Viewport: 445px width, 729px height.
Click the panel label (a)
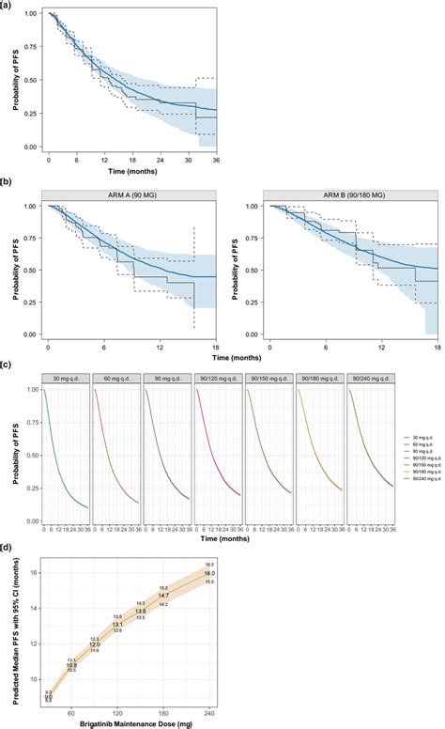click(8, 5)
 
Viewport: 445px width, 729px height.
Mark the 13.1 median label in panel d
click(117, 597)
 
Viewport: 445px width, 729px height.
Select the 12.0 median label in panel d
click(94, 617)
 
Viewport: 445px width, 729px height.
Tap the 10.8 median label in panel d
click(71, 639)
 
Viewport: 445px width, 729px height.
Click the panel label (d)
click(8, 521)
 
